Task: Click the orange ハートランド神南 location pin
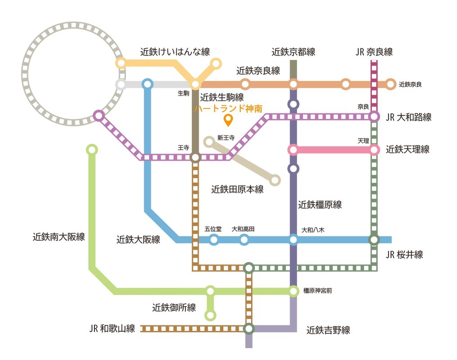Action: click(228, 120)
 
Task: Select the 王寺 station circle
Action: click(195, 157)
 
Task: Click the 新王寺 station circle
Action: click(209, 142)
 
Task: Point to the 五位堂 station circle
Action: click(214, 240)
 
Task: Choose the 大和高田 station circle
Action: click(244, 240)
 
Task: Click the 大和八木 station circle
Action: click(294, 240)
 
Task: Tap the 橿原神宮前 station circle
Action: click(294, 292)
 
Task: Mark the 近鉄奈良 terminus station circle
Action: click(390, 84)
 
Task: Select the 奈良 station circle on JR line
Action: click(374, 117)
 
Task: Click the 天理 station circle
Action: click(374, 149)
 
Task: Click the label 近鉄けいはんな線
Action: click(175, 52)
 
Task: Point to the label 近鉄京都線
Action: click(294, 52)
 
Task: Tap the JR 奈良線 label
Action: click(374, 52)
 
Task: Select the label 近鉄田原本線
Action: click(237, 190)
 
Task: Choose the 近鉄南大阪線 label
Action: click(59, 237)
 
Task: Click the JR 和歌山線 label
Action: click(112, 328)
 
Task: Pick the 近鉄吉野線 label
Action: click(328, 330)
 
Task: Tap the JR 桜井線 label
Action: click(404, 255)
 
